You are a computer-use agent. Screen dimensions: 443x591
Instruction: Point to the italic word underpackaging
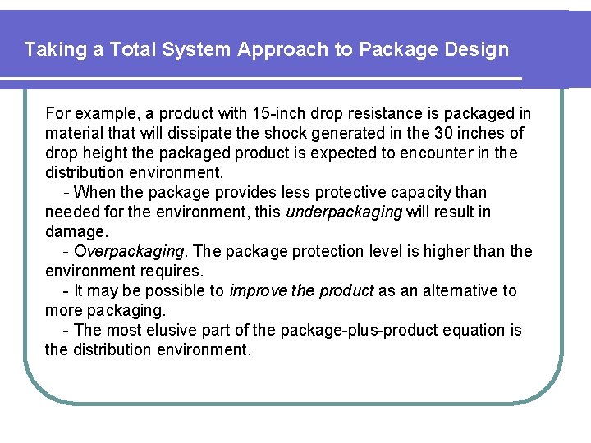coord(344,212)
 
